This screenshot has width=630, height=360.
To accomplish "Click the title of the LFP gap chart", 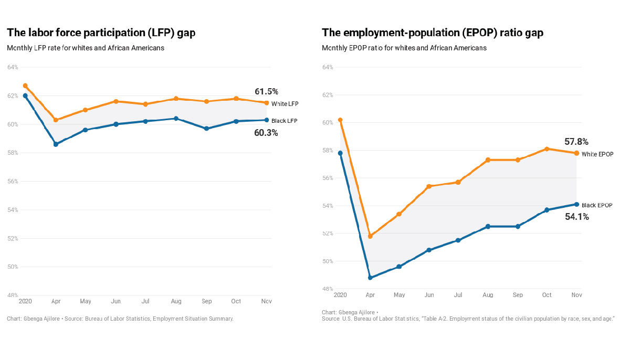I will (x=101, y=33).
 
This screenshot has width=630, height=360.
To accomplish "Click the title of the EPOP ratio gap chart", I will (x=433, y=33).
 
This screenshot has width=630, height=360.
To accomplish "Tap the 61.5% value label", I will (x=266, y=92).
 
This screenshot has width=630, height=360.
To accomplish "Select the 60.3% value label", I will (x=266, y=133).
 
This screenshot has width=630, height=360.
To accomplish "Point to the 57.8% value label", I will (x=576, y=142).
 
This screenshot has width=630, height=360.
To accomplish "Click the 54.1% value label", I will (x=576, y=217).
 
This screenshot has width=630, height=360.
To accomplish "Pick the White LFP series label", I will (x=285, y=104).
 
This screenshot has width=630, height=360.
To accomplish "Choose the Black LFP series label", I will (x=285, y=121).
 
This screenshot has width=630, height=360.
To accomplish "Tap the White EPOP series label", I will (x=597, y=154).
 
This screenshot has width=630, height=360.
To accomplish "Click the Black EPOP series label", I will (x=597, y=205).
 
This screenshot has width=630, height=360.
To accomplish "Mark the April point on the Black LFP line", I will (x=56, y=144).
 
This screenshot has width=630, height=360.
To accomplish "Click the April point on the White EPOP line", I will (x=370, y=236).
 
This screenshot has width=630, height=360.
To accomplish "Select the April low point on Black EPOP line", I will (x=370, y=278).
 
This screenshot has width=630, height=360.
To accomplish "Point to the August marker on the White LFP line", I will (x=176, y=99).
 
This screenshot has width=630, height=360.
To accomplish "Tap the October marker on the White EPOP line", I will (x=547, y=149).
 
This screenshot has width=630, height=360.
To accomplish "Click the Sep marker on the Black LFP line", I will (x=206, y=129).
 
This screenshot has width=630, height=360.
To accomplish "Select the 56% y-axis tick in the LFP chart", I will (x=13, y=182).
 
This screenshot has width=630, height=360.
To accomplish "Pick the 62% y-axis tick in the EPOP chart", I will (x=328, y=95).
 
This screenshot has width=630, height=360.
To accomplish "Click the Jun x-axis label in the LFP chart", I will (x=116, y=302).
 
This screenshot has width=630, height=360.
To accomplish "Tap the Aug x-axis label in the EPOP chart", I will (x=488, y=295).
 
